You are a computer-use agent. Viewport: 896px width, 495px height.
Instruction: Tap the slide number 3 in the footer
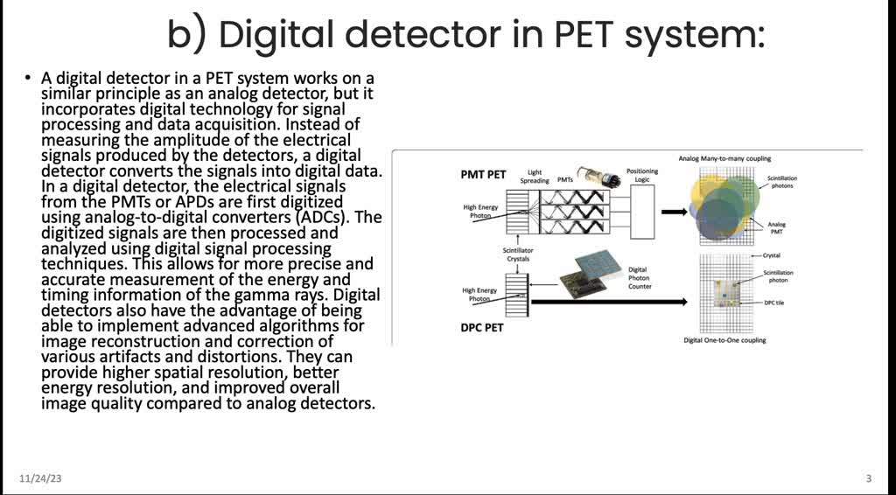point(868,478)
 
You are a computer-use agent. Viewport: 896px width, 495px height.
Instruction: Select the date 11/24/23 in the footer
point(40,478)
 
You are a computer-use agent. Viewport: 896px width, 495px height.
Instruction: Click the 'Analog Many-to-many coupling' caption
point(724,158)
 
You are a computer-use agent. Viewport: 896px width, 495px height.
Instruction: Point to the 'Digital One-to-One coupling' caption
point(724,339)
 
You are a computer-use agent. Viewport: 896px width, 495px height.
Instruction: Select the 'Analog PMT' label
point(777,228)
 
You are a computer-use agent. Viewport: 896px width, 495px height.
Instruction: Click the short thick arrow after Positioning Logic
point(675,212)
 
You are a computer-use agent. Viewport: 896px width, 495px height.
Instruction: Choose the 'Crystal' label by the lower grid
point(770,256)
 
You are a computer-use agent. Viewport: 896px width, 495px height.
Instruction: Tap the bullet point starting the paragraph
point(29,80)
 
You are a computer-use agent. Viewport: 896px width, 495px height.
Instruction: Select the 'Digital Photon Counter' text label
point(639,278)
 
